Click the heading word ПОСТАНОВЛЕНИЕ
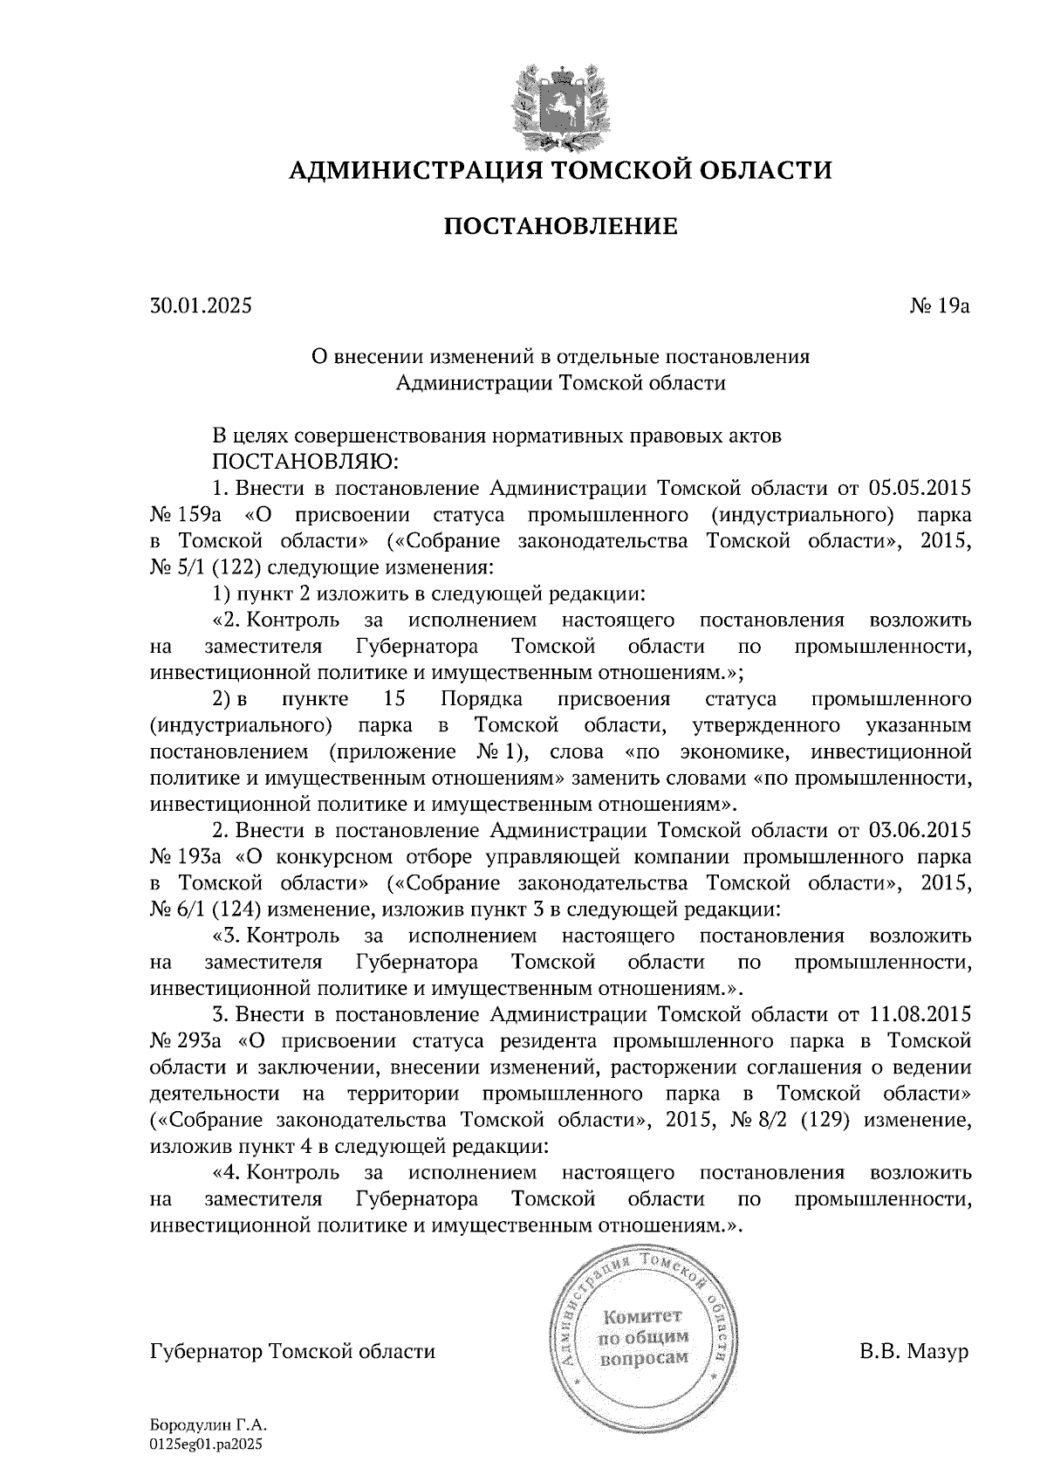(561, 228)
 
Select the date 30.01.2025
(201, 306)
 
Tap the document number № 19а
(940, 306)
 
